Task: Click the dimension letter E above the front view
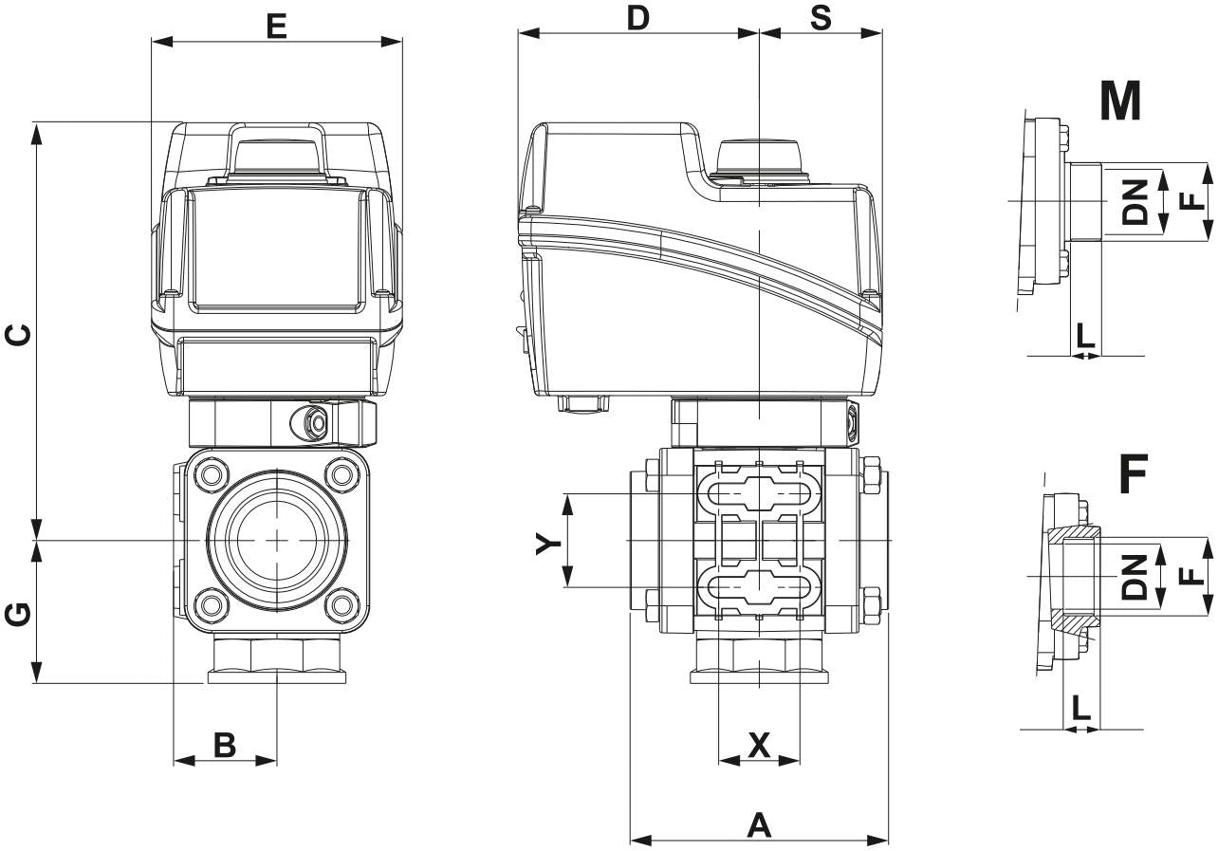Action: pos(277,27)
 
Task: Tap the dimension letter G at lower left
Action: pos(17,615)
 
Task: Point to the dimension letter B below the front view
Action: pos(225,745)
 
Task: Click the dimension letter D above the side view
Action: pos(638,18)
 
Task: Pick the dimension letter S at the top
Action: pos(821,18)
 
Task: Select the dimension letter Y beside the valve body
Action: pos(548,544)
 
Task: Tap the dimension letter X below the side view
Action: pos(759,745)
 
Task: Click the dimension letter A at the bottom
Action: pos(759,825)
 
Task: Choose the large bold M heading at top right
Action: pos(1120,101)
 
